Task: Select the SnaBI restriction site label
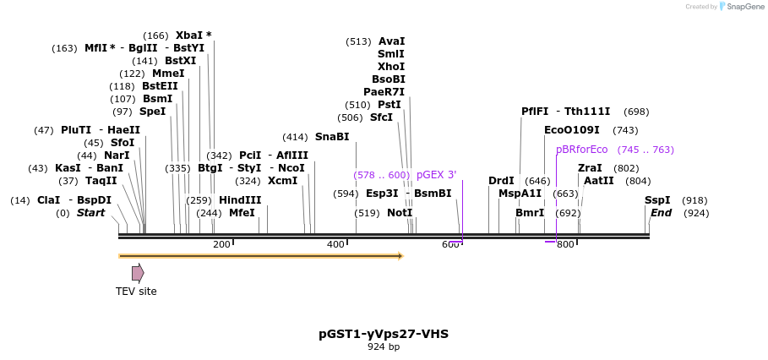(x=331, y=137)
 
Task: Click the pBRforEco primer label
(x=581, y=150)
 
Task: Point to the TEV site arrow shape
(x=138, y=273)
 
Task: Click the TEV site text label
(x=136, y=292)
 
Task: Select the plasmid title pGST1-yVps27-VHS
(x=384, y=334)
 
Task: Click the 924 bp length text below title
(x=384, y=346)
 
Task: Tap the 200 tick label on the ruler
(x=221, y=245)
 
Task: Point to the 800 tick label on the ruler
(x=565, y=245)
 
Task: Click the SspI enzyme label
(x=657, y=200)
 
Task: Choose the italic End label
(x=661, y=213)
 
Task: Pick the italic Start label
(x=90, y=213)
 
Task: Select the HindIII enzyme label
(x=240, y=200)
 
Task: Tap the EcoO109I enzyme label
(x=571, y=130)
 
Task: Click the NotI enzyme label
(x=399, y=213)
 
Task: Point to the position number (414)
(x=295, y=137)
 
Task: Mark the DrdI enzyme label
(x=501, y=181)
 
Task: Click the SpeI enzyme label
(x=152, y=112)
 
